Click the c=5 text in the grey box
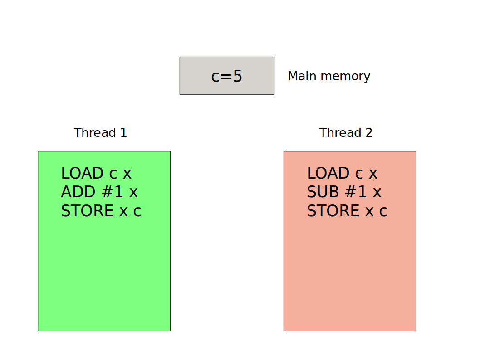[x=227, y=76]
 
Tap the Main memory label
[x=329, y=76]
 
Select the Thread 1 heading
[x=100, y=133]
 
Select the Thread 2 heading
[x=346, y=133]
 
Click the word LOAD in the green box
[x=82, y=173]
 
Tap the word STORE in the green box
[x=87, y=211]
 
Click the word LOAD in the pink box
[x=328, y=173]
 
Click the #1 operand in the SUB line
[x=356, y=192]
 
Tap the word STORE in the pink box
[x=333, y=211]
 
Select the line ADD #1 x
[x=99, y=192]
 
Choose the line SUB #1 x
[x=344, y=192]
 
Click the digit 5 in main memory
[x=237, y=76]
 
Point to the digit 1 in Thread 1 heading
[x=123, y=133]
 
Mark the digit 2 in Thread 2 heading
[x=368, y=133]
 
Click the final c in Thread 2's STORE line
[x=383, y=212]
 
